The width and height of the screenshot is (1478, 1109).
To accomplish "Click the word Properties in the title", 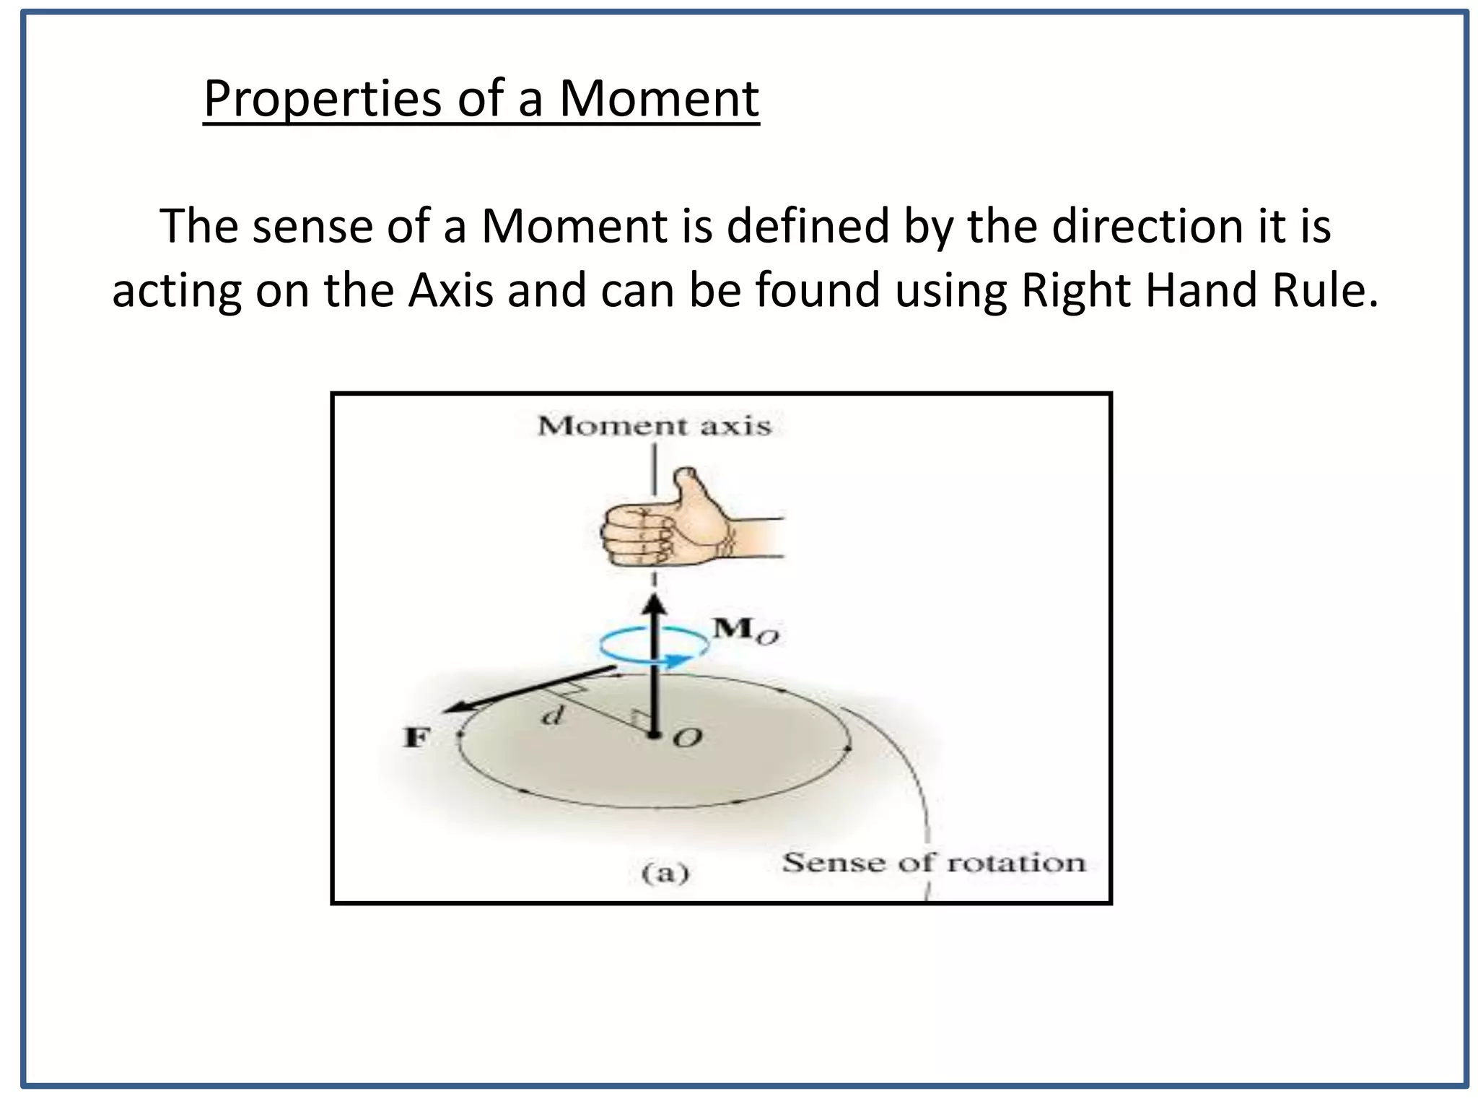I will (321, 99).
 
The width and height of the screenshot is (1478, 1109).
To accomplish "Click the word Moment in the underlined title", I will (659, 99).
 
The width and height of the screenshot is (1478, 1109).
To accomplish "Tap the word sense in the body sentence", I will (310, 226).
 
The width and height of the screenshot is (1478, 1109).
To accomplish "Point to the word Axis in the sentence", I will (450, 290).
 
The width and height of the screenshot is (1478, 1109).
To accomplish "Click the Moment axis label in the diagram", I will (655, 426).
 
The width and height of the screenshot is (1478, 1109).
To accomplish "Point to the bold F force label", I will (416, 737).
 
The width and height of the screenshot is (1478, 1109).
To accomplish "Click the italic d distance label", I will (552, 717).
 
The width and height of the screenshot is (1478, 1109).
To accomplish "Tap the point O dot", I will (654, 736).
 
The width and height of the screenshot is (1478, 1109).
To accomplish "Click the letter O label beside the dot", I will (686, 738).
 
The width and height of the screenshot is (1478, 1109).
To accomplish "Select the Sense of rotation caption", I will (934, 863).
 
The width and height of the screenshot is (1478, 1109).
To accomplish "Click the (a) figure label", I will (665, 874).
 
